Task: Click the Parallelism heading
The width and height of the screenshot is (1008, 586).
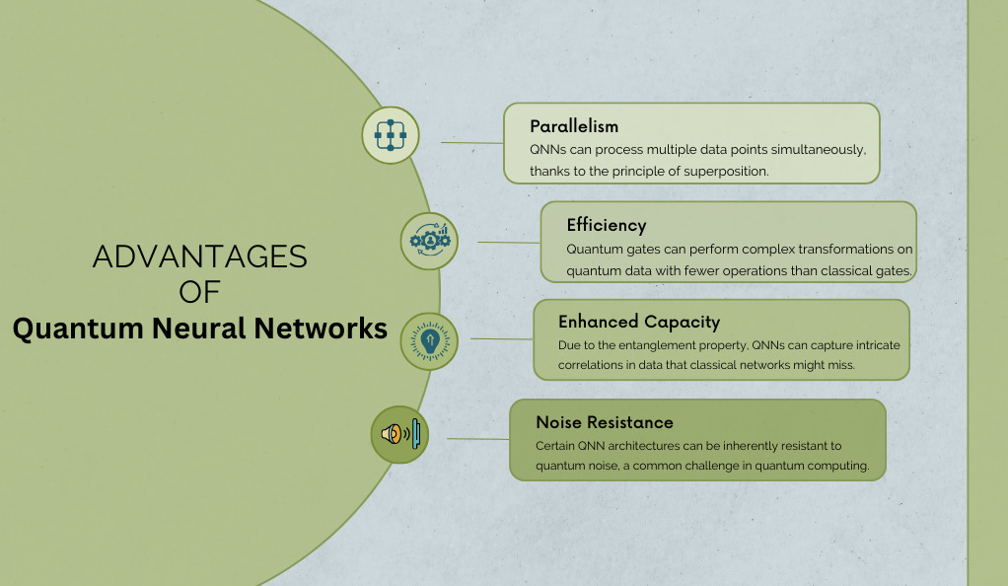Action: coord(574,126)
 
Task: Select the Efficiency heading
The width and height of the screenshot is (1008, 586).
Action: coord(607,225)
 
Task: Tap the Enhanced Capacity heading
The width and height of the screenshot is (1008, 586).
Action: coord(639,322)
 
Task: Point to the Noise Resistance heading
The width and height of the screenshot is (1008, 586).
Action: coord(605,422)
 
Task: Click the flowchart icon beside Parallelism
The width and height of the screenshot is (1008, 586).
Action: coord(391,135)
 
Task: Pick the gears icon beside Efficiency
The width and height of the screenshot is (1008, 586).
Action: coord(429,242)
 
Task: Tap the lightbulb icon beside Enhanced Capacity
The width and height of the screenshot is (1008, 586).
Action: coord(429,341)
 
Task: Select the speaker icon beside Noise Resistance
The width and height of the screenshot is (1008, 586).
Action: coord(399,434)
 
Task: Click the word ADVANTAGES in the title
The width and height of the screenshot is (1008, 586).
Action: coord(200,256)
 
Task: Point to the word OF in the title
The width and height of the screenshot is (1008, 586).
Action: coord(200,292)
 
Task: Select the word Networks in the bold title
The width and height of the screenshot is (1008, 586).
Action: coord(321,329)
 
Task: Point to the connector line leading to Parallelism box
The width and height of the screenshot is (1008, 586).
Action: coord(471,143)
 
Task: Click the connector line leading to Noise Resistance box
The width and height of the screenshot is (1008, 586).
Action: coord(477,439)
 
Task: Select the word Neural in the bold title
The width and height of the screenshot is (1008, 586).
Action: coord(198,329)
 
